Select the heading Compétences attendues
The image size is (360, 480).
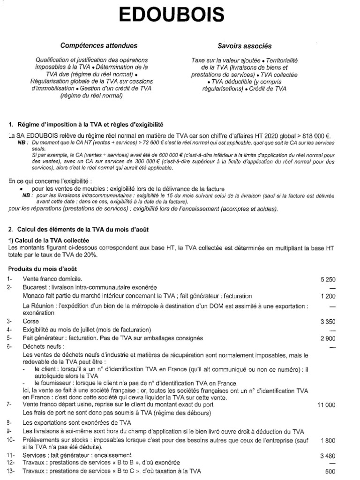(98, 45)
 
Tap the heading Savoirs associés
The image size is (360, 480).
(244, 46)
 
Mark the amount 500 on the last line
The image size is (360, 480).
(330, 472)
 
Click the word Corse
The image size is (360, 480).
(31, 322)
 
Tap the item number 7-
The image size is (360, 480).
(10, 404)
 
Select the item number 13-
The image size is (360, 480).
(12, 472)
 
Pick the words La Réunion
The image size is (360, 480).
(39, 306)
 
